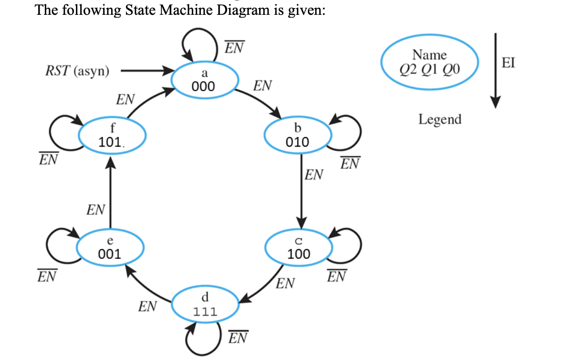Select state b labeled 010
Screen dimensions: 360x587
pos(297,136)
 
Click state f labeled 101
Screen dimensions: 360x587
pos(109,136)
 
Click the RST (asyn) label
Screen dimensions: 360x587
pos(77,72)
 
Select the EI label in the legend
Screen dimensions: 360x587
pos(508,63)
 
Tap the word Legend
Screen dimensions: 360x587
pos(440,119)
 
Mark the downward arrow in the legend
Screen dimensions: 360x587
pos(495,70)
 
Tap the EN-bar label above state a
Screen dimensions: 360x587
pos(235,48)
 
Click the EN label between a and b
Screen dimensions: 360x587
pos(262,86)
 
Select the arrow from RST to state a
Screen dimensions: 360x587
pos(146,72)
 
